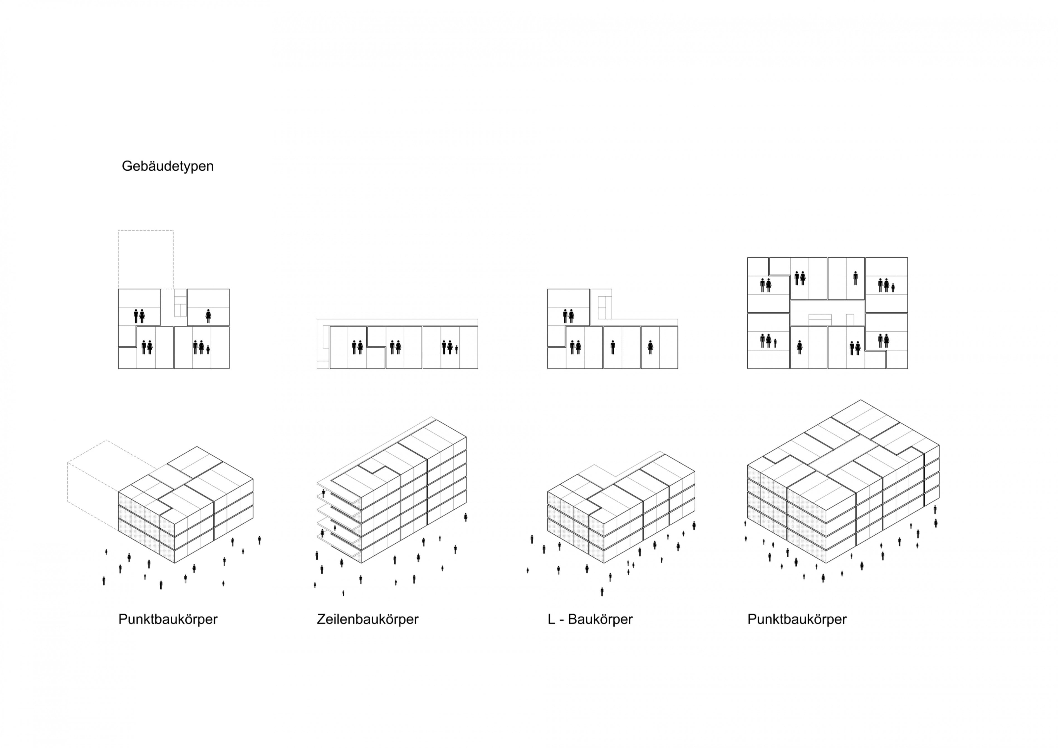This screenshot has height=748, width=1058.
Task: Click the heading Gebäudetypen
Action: tap(167, 166)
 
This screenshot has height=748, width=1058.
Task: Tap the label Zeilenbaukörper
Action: tap(367, 619)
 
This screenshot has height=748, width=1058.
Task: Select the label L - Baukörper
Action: tap(590, 619)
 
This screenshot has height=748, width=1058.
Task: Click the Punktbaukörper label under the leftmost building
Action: tap(168, 619)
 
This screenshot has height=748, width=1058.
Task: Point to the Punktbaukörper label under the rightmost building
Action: tap(797, 619)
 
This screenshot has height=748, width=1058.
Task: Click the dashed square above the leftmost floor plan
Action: tap(146, 259)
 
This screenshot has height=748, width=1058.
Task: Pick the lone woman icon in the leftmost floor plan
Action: tap(208, 316)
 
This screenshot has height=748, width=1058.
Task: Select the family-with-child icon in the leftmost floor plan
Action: tap(201, 347)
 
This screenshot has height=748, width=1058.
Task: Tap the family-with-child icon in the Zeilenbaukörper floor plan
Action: tap(450, 347)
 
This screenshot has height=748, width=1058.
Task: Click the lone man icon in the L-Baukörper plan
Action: tap(613, 347)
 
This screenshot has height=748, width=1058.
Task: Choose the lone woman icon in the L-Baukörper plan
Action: tap(650, 347)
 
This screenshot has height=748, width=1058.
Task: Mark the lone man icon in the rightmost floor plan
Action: tap(855, 278)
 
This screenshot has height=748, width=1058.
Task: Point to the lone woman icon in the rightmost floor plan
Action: tap(800, 347)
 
